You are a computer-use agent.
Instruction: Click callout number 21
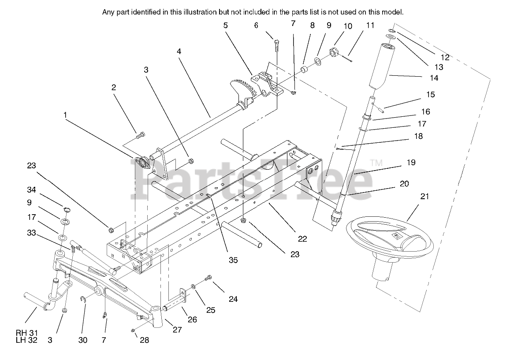tap(425, 197)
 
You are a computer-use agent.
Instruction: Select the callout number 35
tap(233, 260)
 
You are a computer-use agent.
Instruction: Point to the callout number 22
tap(302, 239)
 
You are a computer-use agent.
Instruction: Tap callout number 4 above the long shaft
tap(179, 52)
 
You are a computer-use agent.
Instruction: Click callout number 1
tap(65, 115)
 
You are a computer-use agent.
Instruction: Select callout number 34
tap(31, 190)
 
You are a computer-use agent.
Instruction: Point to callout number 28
tap(145, 340)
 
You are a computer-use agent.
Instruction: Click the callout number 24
tap(233, 299)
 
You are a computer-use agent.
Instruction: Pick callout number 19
tap(411, 163)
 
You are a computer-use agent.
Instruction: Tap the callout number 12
tap(444, 57)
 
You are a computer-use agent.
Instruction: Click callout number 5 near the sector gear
tap(226, 26)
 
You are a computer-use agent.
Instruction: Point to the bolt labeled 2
tap(141, 135)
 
